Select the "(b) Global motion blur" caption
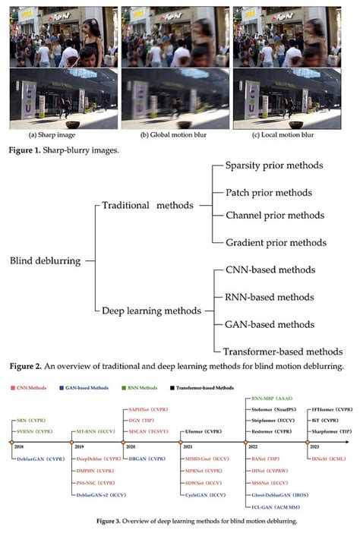click(175, 135)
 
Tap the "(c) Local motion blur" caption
click(289, 135)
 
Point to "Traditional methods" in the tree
click(147, 206)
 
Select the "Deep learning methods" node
click(150, 311)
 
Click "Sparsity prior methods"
click(274, 165)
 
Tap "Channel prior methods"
click(274, 216)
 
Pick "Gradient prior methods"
click(276, 242)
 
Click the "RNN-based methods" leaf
click(270, 297)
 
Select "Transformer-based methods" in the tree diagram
click(283, 352)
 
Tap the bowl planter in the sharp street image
click(74, 122)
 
